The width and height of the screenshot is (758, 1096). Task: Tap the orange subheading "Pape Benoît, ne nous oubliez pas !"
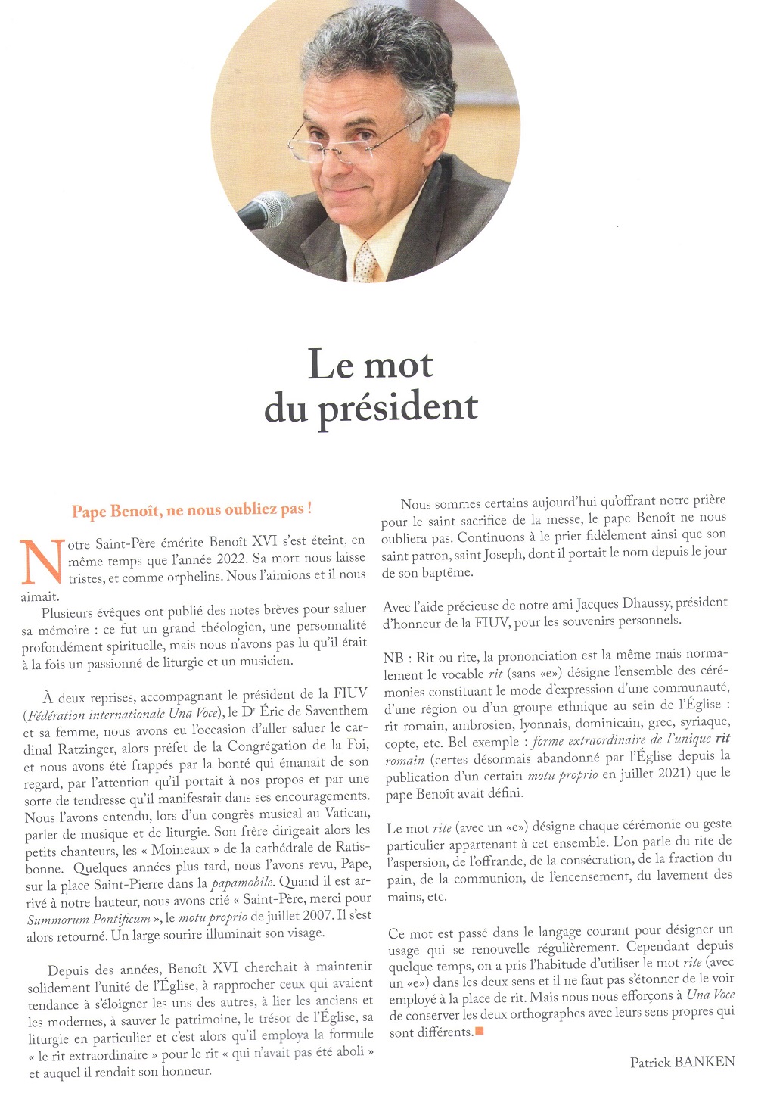tap(192, 511)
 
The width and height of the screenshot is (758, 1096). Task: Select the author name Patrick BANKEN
tap(682, 1061)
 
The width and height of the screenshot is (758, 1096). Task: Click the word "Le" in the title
tap(331, 365)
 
